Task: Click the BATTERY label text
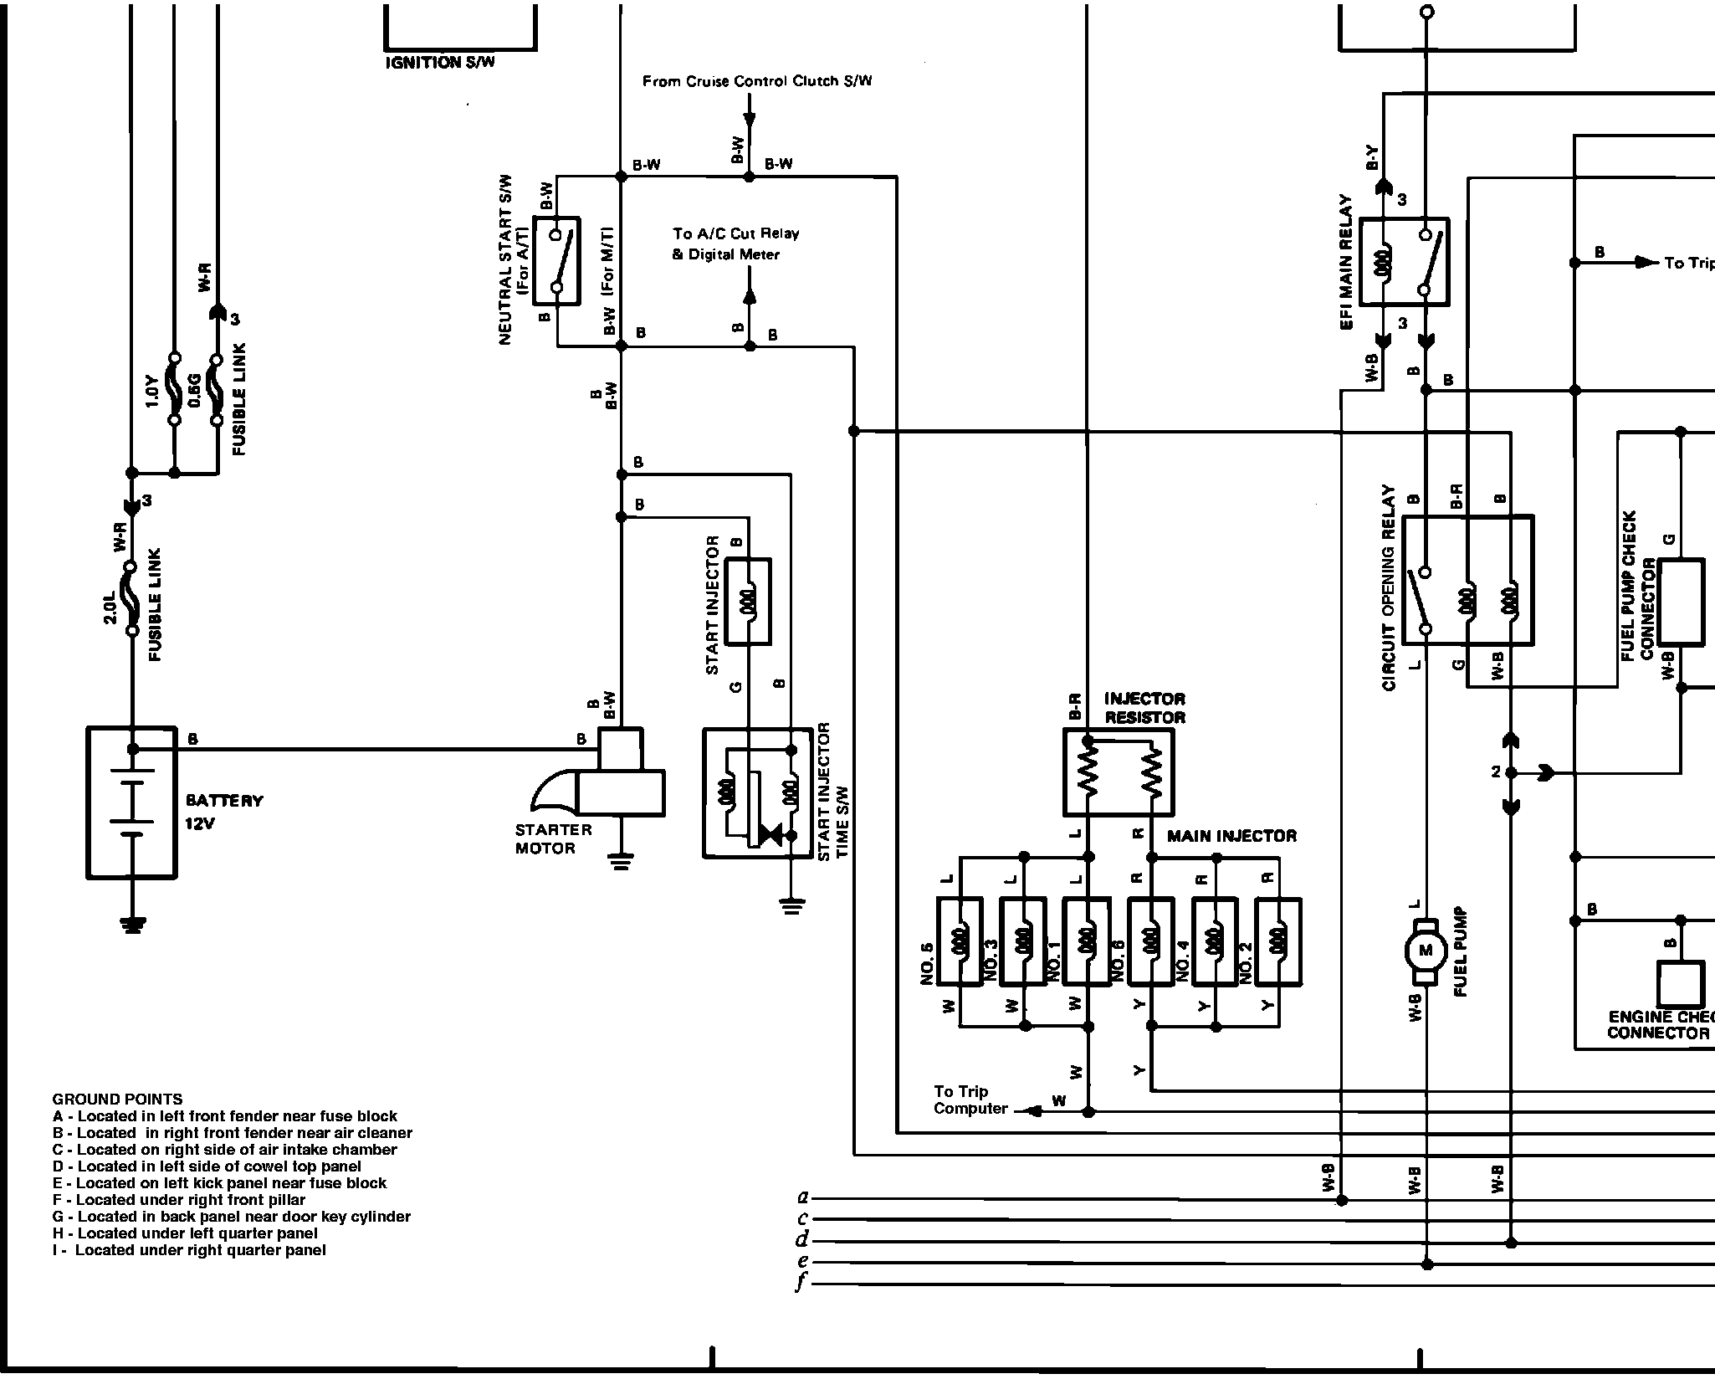coord(224,801)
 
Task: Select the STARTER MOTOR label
coord(553,838)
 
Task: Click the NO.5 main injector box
coord(960,941)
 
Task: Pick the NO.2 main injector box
coord(1278,941)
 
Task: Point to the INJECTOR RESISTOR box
coord(1119,772)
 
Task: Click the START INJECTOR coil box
coord(747,601)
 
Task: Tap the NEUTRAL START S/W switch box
coord(556,262)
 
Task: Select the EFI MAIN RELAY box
coord(1404,262)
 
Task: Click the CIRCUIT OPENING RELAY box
coord(1467,580)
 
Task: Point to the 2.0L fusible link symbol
coord(131,597)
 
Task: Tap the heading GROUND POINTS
coord(117,1099)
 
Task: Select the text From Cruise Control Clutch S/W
coord(756,81)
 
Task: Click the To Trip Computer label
coord(970,1100)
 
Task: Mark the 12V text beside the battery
coord(200,823)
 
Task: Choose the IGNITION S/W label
coord(439,63)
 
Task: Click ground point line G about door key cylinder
coord(232,1216)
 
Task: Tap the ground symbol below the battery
coord(132,924)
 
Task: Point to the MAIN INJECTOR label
coord(1231,836)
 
